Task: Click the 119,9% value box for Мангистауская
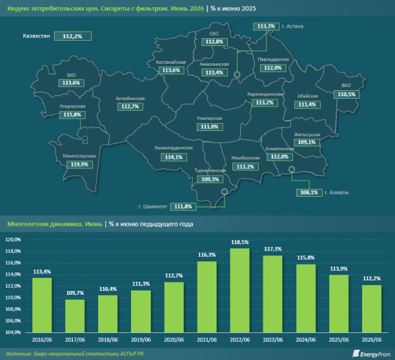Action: (x=80, y=165)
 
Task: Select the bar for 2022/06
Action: (x=240, y=290)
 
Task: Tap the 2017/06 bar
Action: (x=75, y=316)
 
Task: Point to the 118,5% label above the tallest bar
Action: (x=240, y=242)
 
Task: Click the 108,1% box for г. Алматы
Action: (x=309, y=192)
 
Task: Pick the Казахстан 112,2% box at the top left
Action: (x=72, y=36)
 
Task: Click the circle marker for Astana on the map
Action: (x=237, y=74)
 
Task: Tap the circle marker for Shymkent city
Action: (x=224, y=192)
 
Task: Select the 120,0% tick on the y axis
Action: (x=13, y=240)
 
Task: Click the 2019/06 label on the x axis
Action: (x=141, y=340)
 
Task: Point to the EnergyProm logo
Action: (x=371, y=354)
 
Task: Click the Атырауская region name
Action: (x=72, y=107)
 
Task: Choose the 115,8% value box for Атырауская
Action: (x=72, y=115)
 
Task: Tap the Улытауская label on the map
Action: (x=209, y=118)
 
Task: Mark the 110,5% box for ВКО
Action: (x=347, y=95)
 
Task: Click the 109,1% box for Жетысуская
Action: (x=307, y=142)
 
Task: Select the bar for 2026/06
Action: (x=371, y=309)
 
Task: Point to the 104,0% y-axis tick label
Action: (x=13, y=332)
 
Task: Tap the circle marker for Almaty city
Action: (x=292, y=169)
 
